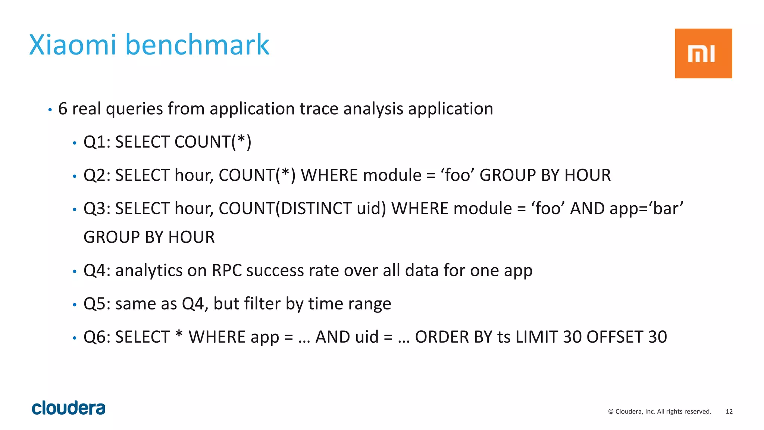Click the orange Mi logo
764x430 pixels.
703,53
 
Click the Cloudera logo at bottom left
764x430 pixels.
69,408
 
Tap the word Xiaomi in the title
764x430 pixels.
73,45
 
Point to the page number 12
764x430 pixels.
729,411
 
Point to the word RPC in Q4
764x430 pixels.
227,271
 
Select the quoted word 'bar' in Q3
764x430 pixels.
667,209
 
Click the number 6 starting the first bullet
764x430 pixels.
63,109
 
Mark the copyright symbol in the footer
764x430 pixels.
611,411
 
